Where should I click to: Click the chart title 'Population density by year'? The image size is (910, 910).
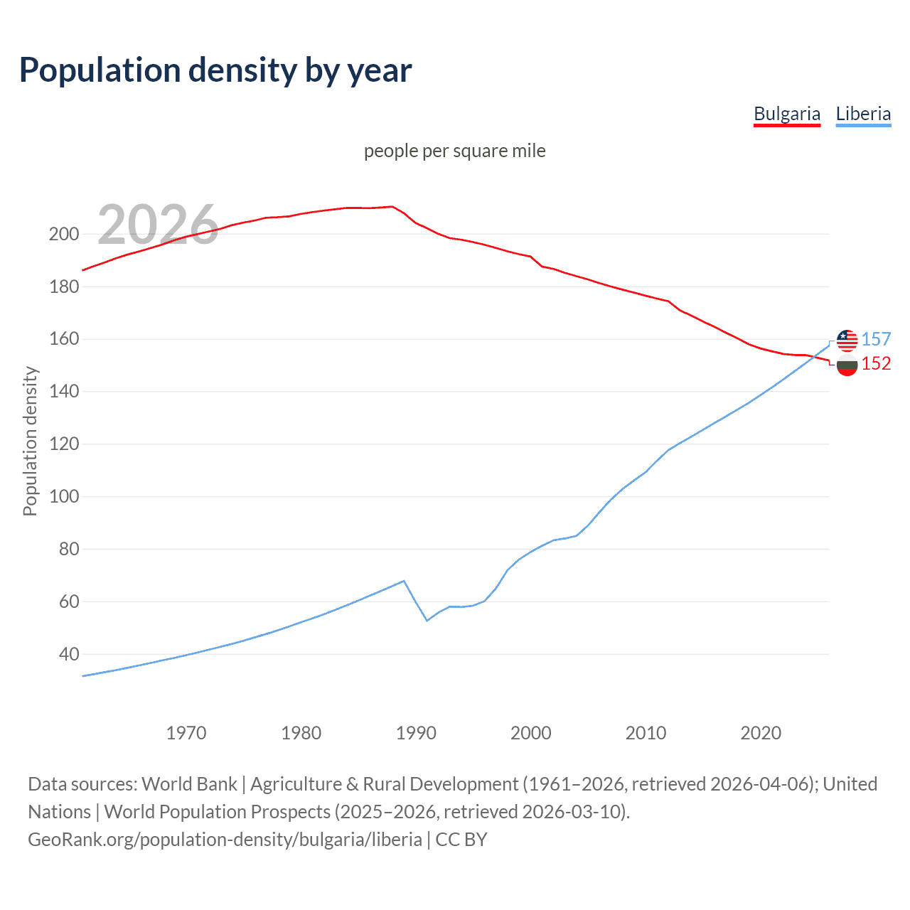[215, 70]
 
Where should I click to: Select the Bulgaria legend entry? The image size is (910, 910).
[786, 114]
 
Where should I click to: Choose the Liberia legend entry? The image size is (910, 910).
[863, 114]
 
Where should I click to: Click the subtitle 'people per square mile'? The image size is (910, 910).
[454, 151]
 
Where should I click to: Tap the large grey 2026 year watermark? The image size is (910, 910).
[158, 225]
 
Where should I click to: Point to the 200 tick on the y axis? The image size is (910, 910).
[63, 234]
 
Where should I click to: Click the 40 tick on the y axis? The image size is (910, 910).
[68, 654]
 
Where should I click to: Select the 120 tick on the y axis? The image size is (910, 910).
[63, 444]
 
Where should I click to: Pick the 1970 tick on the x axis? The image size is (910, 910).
[186, 732]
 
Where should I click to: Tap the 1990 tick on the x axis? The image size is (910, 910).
[416, 732]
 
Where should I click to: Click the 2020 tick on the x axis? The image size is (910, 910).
[761, 732]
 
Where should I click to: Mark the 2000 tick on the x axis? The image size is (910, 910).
[531, 732]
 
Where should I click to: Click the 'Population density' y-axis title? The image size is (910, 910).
[30, 441]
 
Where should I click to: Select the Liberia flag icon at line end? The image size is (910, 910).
[847, 341]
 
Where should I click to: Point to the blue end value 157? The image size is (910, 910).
[876, 340]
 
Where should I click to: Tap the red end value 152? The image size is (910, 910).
[876, 364]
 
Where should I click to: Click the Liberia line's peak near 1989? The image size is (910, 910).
[404, 581]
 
